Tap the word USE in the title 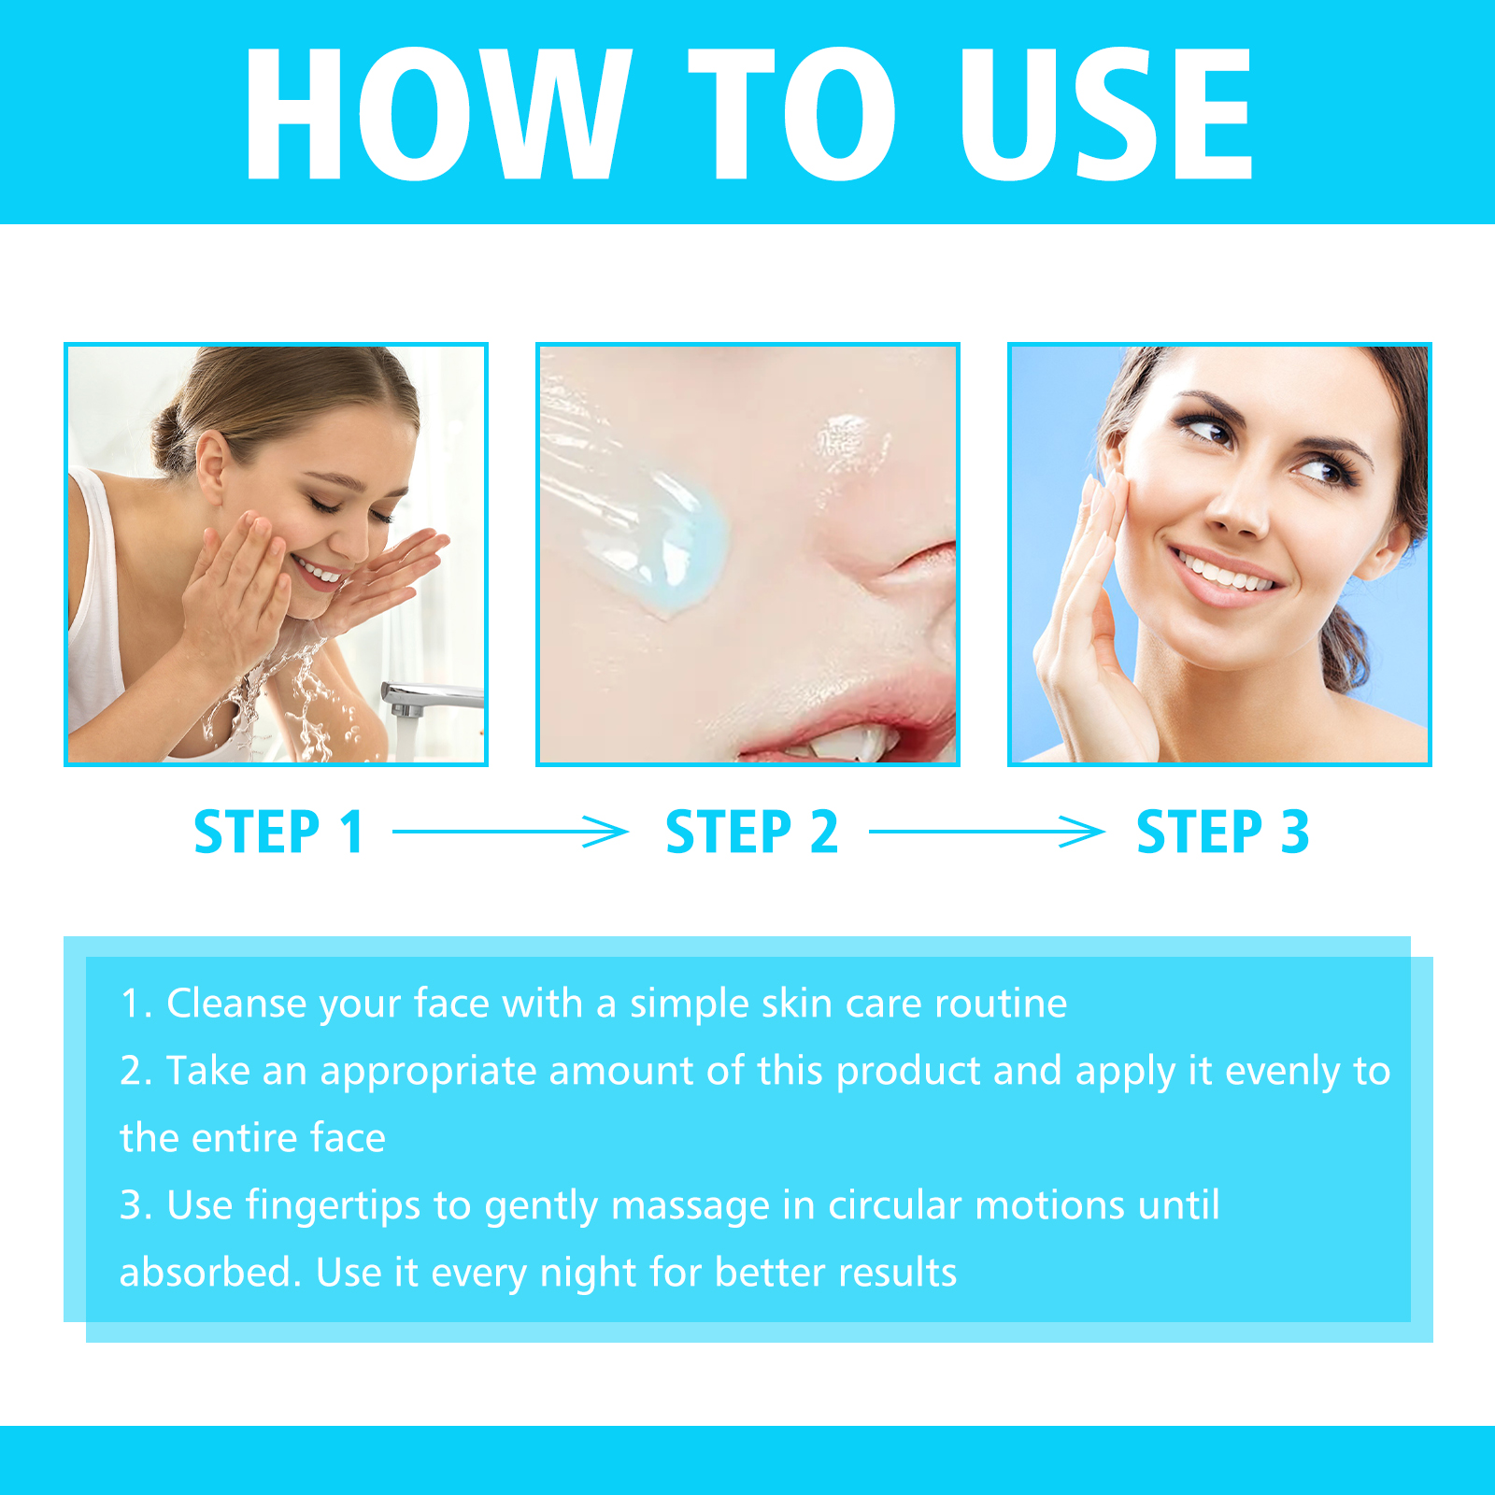click(1106, 113)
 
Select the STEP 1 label click(278, 832)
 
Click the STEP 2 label click(751, 832)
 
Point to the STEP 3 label click(1222, 832)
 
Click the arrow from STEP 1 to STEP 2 click(510, 831)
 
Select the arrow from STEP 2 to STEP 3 click(987, 831)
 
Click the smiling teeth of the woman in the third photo click(1225, 571)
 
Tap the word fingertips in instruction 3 click(333, 1206)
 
